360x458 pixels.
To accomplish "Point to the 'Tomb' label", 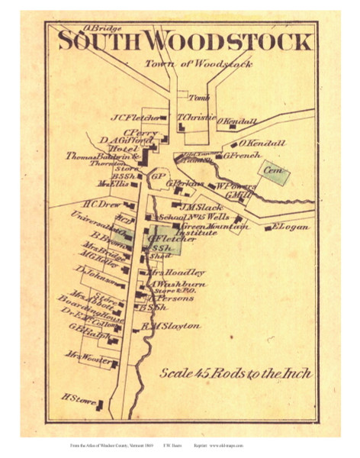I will (x=199, y=98).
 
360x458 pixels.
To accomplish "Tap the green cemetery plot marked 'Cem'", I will (x=273, y=173).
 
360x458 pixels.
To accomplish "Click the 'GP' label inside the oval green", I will (x=159, y=177).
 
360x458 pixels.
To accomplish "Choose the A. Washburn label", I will (x=178, y=284).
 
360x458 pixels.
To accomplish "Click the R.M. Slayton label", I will (x=176, y=325).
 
